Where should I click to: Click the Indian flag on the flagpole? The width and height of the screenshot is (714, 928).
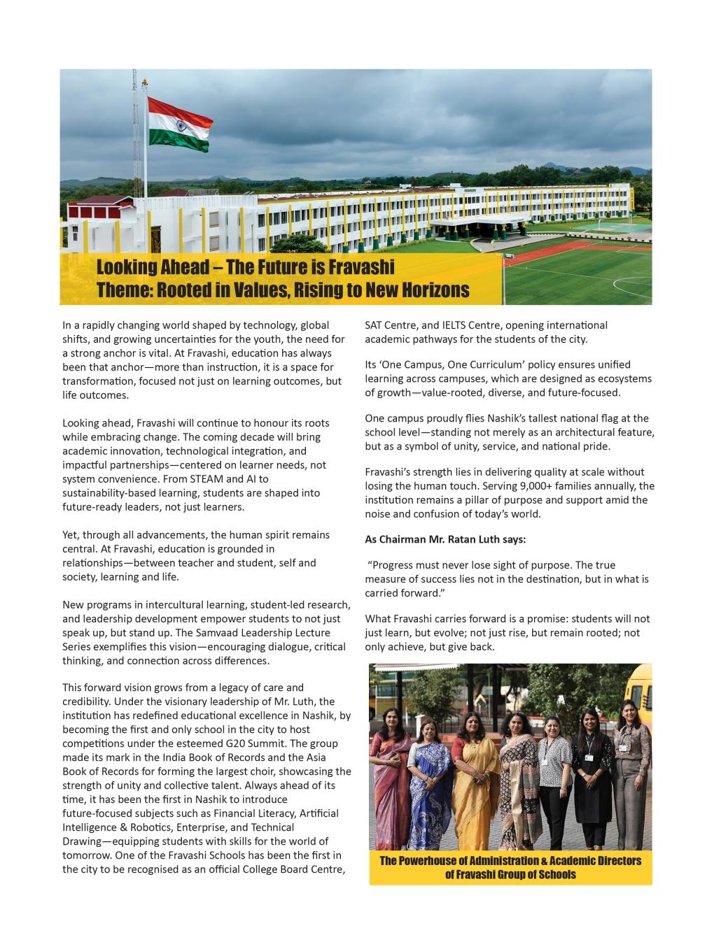click(x=180, y=125)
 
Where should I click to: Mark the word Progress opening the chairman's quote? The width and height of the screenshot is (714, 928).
click(x=391, y=565)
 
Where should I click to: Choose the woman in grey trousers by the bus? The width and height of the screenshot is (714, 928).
click(x=632, y=776)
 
